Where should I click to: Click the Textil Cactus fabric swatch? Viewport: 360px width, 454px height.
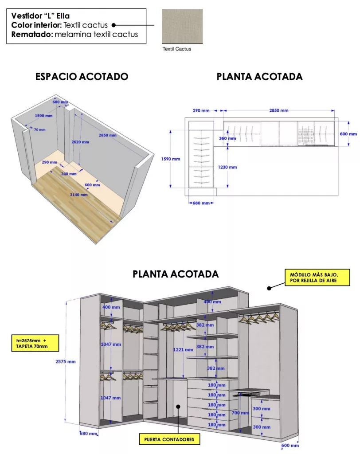click(x=182, y=26)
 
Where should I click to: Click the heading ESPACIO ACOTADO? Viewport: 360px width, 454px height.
click(x=82, y=77)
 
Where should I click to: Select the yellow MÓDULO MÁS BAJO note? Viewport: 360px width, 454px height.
click(x=311, y=278)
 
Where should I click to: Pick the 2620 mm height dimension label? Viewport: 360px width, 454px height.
click(x=80, y=142)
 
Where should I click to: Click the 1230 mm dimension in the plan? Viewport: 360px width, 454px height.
click(x=228, y=167)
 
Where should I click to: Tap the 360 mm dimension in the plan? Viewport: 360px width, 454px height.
click(x=228, y=138)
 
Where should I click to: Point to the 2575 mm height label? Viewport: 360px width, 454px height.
click(x=66, y=361)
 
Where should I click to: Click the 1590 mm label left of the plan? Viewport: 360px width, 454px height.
click(x=170, y=159)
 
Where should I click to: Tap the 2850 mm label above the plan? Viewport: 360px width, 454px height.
click(x=278, y=110)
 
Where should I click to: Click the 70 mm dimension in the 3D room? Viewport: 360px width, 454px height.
click(x=39, y=130)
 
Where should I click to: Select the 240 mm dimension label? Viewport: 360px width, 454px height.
click(x=69, y=174)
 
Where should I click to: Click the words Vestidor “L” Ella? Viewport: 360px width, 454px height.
click(x=40, y=16)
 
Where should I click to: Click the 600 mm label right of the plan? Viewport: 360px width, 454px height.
click(x=348, y=133)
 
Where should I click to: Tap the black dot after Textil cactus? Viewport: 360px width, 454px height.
click(x=113, y=25)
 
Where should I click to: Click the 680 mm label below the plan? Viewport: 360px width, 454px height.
click(x=201, y=203)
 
